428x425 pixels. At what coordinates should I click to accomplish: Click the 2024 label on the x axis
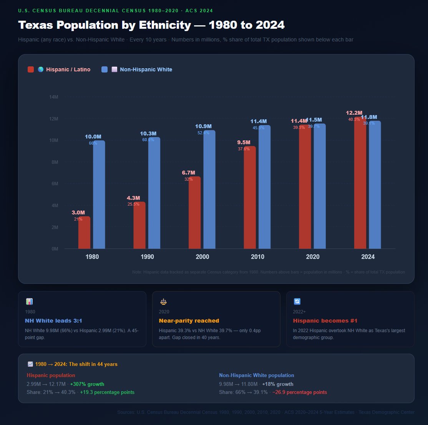[x=368, y=257]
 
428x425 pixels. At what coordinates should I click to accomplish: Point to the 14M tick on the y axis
[x=54, y=97]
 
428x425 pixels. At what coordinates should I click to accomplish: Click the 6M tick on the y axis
[x=54, y=184]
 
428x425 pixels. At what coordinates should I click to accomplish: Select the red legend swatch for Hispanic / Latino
[x=31, y=69]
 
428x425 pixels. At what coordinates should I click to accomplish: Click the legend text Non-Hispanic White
[x=146, y=69]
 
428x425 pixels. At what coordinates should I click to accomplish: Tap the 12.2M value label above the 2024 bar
[x=354, y=113]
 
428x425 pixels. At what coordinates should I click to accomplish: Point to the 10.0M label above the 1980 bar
[x=93, y=137]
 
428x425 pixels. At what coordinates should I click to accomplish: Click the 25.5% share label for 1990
[x=133, y=204]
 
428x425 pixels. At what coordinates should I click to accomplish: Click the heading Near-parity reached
[x=189, y=321]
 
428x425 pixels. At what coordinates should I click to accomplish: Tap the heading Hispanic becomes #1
[x=325, y=321]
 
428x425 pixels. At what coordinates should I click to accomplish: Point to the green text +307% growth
[x=87, y=384]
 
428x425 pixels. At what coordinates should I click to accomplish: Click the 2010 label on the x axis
[x=257, y=257]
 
